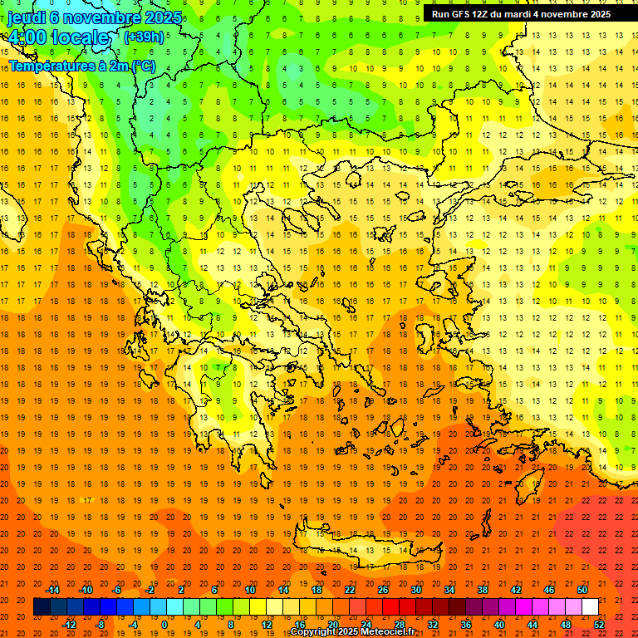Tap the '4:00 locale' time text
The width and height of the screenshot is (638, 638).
[x=58, y=37]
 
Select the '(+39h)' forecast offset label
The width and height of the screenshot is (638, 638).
[x=143, y=37]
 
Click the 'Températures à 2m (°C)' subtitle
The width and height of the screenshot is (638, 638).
[x=81, y=65]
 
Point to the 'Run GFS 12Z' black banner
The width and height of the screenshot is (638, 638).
[x=521, y=14]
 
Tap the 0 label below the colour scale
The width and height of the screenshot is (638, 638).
[x=165, y=624]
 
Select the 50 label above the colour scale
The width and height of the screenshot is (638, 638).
[x=582, y=590]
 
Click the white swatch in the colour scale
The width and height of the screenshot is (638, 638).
[x=591, y=606]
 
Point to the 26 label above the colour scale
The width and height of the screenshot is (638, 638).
[x=383, y=590]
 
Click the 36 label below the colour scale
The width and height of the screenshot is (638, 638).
[x=466, y=624]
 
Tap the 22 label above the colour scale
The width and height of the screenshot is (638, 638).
[x=350, y=590]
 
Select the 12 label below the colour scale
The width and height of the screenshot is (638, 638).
[x=267, y=624]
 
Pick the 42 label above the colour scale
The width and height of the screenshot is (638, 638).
[x=516, y=590]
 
